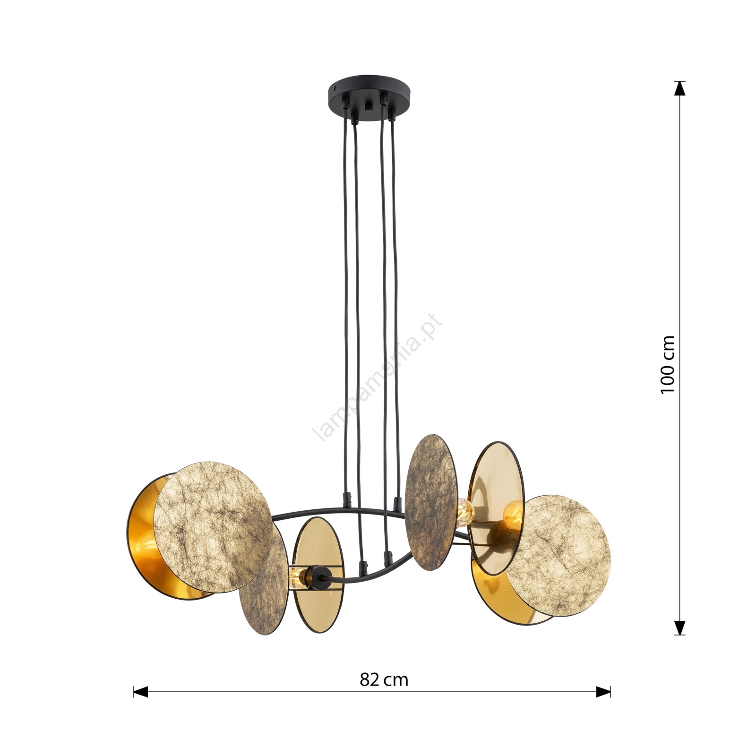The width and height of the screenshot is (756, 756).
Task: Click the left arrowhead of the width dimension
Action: [141, 692]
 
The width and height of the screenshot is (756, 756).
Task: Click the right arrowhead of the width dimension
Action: [603, 692]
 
